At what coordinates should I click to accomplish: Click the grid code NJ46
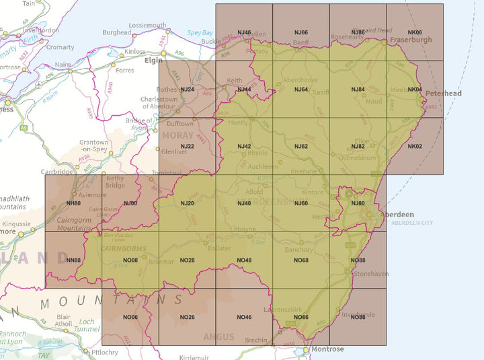point(244,32)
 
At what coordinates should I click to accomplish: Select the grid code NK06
point(415,32)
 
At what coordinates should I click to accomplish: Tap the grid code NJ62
point(301,146)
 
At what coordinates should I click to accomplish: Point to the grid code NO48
point(244,260)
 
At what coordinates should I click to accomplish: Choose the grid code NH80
point(73,203)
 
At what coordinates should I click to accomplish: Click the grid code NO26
point(187,317)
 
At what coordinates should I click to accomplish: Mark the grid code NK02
point(415,146)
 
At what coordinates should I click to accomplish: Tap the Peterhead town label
point(444,93)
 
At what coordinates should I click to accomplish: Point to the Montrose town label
point(327,349)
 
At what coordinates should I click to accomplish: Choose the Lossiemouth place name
point(147,26)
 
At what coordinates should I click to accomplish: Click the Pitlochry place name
point(106,352)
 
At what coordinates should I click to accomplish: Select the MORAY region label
point(177,135)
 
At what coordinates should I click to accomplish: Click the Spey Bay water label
point(199,32)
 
